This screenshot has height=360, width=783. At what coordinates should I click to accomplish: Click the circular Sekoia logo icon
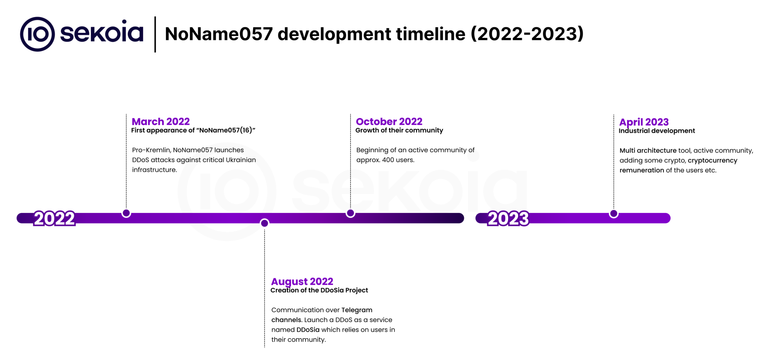pyautogui.click(x=37, y=34)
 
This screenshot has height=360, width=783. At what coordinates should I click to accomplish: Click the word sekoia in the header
pyautogui.click(x=102, y=32)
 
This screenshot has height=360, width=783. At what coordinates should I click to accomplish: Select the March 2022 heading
pyautogui.click(x=161, y=121)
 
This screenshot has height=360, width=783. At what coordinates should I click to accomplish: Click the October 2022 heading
pyautogui.click(x=389, y=121)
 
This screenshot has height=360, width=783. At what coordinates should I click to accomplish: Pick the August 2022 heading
pyautogui.click(x=302, y=281)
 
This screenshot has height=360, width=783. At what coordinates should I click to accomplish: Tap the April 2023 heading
pyautogui.click(x=644, y=122)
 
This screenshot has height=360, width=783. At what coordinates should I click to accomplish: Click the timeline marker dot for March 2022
pyautogui.click(x=126, y=213)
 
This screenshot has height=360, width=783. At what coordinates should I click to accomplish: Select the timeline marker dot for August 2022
pyautogui.click(x=265, y=223)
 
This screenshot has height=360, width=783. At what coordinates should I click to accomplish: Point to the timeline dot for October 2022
pyautogui.click(x=350, y=213)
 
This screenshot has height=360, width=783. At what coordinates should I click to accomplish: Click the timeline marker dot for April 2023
pyautogui.click(x=614, y=214)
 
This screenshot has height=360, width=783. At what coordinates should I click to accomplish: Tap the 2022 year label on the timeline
pyautogui.click(x=54, y=219)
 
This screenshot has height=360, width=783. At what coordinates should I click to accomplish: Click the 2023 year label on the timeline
pyautogui.click(x=508, y=219)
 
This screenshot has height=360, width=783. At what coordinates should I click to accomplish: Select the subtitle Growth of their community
pyautogui.click(x=399, y=130)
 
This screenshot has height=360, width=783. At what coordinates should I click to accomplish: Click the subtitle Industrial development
pyautogui.click(x=657, y=131)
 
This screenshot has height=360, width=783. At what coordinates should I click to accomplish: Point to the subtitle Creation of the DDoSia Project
pyautogui.click(x=319, y=290)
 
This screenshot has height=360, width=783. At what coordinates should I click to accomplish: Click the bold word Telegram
pyautogui.click(x=357, y=310)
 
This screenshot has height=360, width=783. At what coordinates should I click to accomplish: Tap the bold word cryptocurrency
pyautogui.click(x=713, y=161)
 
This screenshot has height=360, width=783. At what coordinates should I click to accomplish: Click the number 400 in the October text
pyautogui.click(x=388, y=160)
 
